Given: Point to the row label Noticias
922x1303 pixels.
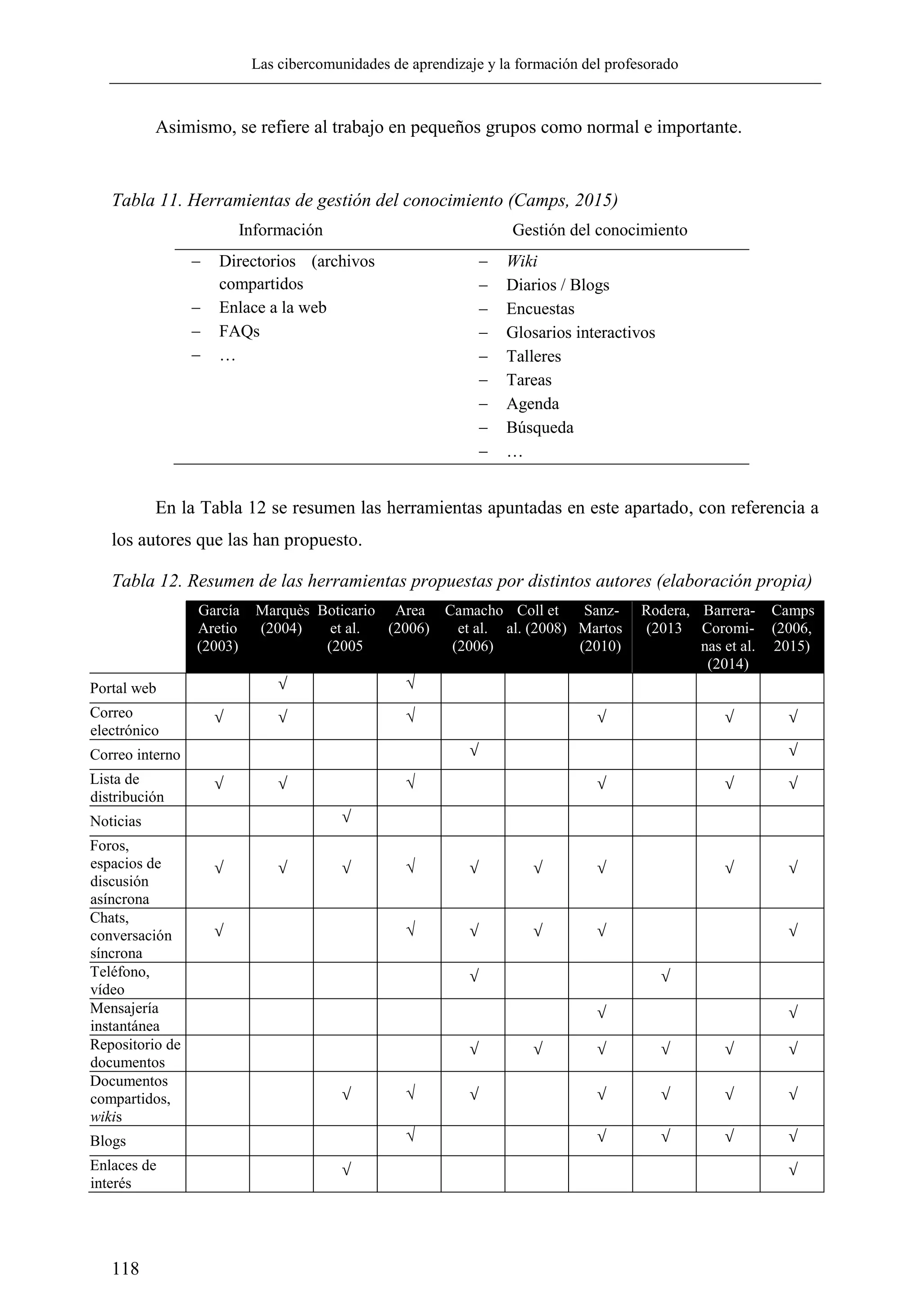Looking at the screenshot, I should tap(115, 821).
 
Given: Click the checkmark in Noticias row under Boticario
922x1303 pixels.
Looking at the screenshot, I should tap(346, 818).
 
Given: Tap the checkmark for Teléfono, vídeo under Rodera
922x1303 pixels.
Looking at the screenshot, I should tap(665, 976).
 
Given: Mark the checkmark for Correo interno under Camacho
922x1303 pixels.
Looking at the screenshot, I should tap(474, 751).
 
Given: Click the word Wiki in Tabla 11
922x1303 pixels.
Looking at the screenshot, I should tap(521, 261).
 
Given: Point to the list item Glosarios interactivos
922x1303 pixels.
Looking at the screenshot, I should tap(580, 332).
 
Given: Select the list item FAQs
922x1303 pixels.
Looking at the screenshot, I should tap(239, 332).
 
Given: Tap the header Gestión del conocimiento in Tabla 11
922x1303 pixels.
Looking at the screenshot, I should tap(600, 230).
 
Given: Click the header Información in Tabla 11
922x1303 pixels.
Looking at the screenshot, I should tap(280, 230).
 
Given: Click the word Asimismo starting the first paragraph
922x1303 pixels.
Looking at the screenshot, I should tap(195, 127).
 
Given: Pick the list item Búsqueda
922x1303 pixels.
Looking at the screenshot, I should tap(539, 427).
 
